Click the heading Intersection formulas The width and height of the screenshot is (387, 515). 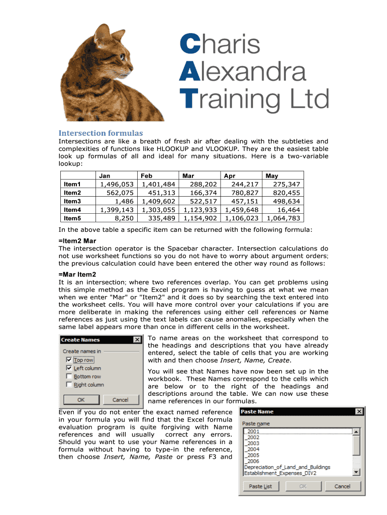coord(101,133)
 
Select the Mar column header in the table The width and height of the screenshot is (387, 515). coord(188,176)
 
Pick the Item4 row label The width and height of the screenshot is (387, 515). coord(72,210)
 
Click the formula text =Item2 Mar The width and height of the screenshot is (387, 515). coord(77,241)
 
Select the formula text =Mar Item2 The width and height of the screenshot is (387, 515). coord(77,274)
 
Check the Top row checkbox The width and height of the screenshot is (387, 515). coord(69,360)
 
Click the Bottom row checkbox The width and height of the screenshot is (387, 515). coord(69,376)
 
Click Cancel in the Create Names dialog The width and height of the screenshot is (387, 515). coord(120,400)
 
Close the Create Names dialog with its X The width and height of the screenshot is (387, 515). coord(137,340)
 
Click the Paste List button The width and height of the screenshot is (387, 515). coord(260,486)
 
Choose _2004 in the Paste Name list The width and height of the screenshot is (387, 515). coord(253,449)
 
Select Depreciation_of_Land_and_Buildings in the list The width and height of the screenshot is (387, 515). coord(287,467)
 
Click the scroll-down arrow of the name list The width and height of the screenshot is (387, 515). coord(356,472)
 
